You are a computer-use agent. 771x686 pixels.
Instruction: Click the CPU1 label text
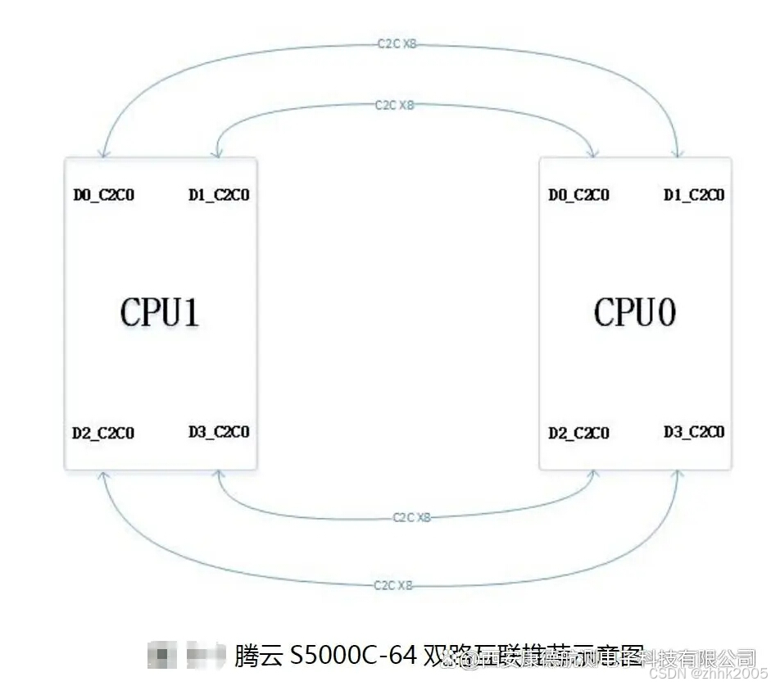161,312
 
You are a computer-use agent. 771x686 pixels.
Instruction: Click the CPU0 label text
635,312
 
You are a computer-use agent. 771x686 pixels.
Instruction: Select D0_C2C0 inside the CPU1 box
104,195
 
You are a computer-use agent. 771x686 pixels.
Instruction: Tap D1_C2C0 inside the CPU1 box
219,195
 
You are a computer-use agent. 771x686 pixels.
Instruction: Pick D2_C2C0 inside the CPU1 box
103,433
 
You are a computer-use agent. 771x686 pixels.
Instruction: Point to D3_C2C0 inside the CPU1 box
219,432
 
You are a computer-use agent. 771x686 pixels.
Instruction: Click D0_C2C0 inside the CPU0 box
578,195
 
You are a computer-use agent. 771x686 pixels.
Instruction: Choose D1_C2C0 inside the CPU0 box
694,195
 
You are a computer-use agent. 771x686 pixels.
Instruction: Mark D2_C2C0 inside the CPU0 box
578,433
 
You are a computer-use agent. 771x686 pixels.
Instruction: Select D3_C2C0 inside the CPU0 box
694,432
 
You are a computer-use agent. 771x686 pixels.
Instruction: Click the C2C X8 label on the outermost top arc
397,43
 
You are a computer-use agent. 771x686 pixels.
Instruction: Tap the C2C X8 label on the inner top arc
395,106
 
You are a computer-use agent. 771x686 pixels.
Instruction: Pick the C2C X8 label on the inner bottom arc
411,517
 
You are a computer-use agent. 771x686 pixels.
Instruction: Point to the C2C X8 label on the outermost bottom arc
393,585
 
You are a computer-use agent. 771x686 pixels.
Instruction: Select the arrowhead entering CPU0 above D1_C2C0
678,153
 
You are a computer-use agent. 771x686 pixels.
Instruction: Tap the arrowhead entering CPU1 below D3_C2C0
219,475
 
